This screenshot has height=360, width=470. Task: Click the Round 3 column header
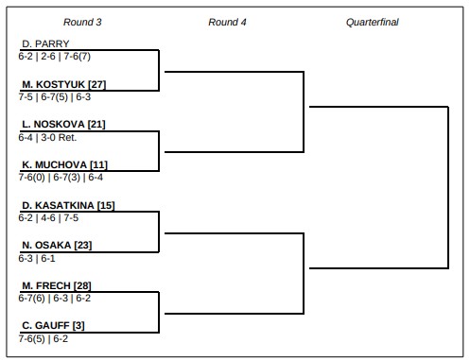(82, 21)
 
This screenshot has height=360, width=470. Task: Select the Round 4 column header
(227, 21)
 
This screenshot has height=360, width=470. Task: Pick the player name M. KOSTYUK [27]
(58, 84)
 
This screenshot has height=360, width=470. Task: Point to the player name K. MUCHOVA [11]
(58, 164)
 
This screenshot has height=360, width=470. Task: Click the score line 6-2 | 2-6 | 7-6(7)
(55, 56)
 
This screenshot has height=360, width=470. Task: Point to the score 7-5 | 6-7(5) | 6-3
(55, 96)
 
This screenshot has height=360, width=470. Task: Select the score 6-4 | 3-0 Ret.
(46, 136)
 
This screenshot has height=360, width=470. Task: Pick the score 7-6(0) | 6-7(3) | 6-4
(61, 177)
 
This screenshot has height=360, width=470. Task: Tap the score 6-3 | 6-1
(38, 257)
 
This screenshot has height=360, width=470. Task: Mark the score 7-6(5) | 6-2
(44, 337)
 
